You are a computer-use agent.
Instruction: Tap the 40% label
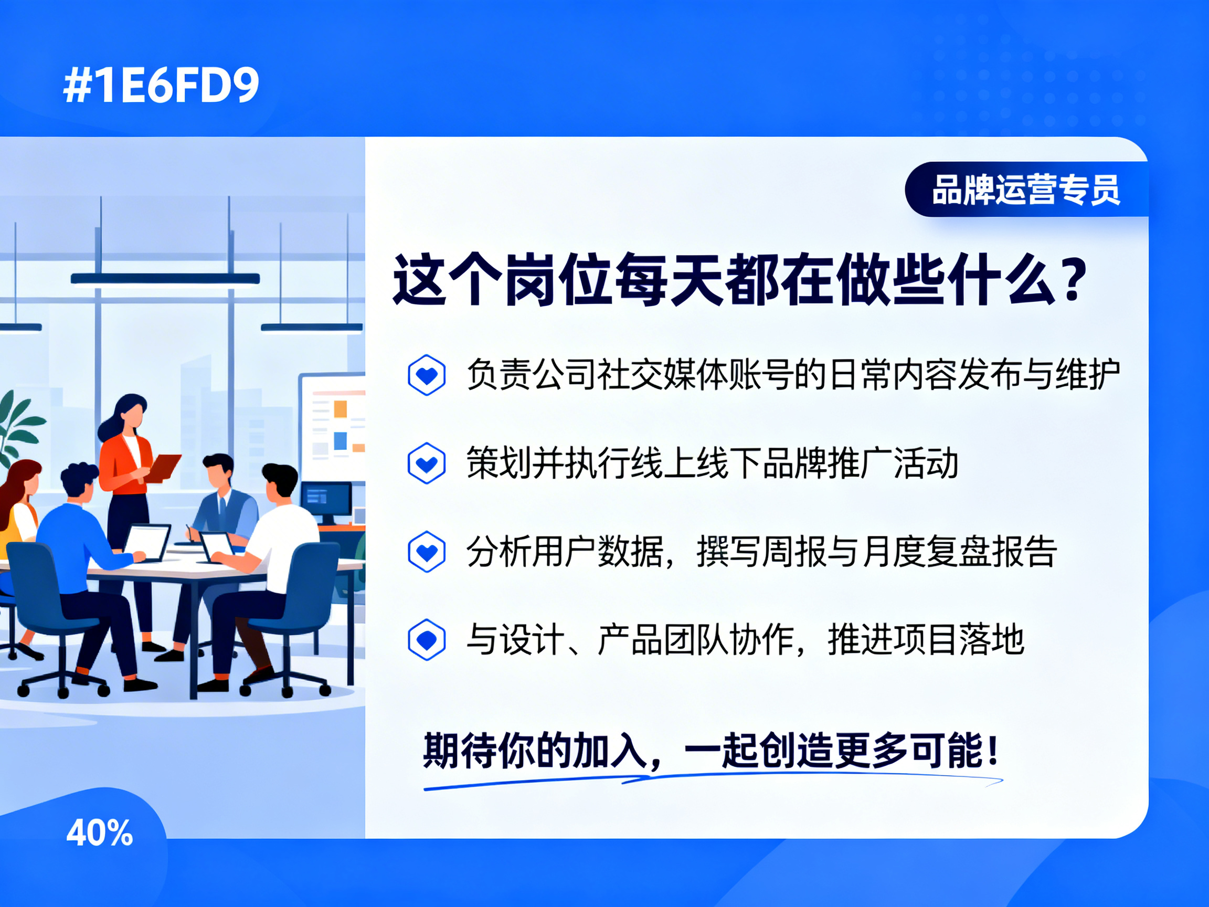tap(100, 833)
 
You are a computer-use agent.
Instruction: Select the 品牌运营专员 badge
tap(1026, 189)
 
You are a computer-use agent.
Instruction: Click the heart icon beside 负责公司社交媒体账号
tap(426, 375)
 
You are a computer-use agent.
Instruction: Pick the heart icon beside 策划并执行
tap(426, 463)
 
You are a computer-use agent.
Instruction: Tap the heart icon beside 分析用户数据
tap(426, 552)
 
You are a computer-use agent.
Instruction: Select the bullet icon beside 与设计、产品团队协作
tap(426, 640)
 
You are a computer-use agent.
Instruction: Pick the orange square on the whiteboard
tap(341, 408)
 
